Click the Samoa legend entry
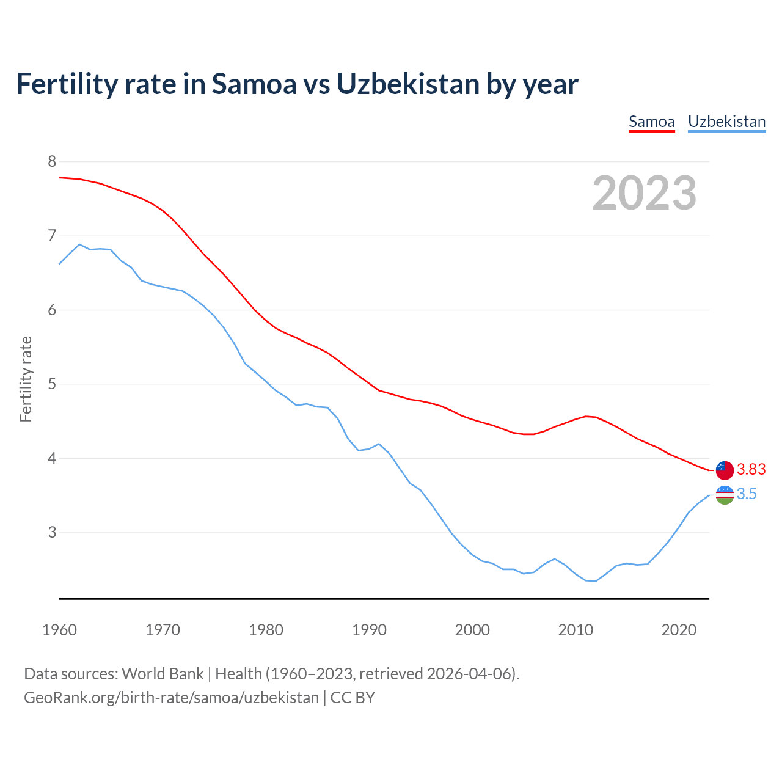(x=651, y=122)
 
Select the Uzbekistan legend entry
(x=726, y=122)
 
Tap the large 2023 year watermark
(x=644, y=193)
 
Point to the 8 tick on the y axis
(x=52, y=161)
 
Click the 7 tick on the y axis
(x=52, y=236)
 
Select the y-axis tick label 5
(x=52, y=384)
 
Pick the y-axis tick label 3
(x=52, y=532)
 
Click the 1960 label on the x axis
(x=59, y=630)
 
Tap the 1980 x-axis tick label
(x=266, y=630)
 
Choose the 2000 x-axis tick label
(x=472, y=630)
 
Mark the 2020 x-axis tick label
(x=679, y=630)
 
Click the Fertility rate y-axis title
(x=26, y=379)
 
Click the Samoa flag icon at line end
(x=725, y=470)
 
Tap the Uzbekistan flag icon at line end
(x=725, y=495)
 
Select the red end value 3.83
(x=751, y=469)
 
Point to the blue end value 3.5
(x=747, y=494)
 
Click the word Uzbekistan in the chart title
(x=407, y=84)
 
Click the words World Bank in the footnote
(x=163, y=674)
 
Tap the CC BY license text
(x=353, y=698)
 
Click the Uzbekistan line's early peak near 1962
(x=79, y=244)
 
